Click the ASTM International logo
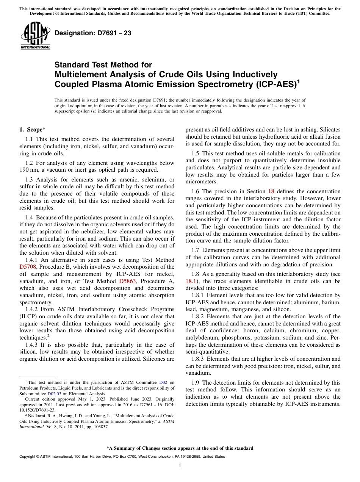point(35,36)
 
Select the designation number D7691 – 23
point(93,33)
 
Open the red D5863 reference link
point(127,281)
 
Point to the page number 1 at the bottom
point(180,466)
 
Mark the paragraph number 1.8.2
point(199,316)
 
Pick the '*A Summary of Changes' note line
point(180,448)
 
